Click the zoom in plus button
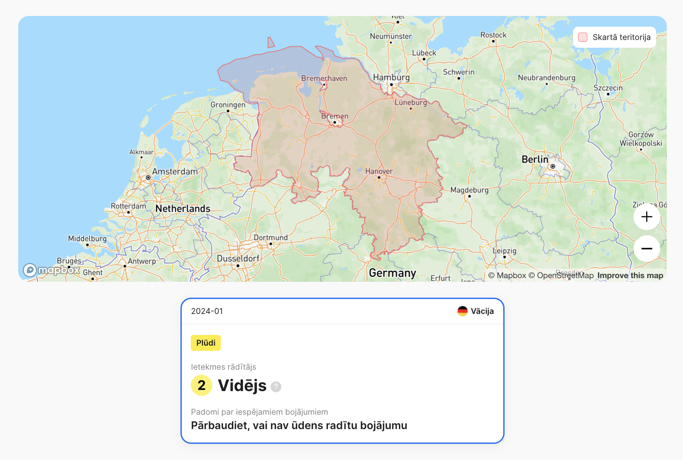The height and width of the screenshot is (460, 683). coord(647,217)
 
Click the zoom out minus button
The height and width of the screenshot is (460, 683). coord(647,249)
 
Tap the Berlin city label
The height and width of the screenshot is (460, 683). coord(535,160)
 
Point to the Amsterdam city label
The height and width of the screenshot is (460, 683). coord(175,172)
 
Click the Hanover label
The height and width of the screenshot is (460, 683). coord(379,171)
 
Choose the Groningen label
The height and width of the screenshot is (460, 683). coord(228,105)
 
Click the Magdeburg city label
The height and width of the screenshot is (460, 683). coord(469,190)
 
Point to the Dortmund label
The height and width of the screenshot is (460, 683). coord(270,238)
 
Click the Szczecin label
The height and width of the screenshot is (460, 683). coord(608,88)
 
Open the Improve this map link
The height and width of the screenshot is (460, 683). coord(630,275)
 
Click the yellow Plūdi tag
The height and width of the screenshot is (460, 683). coord(206,343)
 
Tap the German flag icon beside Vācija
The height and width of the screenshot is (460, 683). coord(462,311)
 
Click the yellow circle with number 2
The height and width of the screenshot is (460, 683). coord(202,385)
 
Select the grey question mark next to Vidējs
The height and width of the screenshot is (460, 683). coord(276,387)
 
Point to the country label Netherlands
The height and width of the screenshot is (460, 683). coord(183,209)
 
